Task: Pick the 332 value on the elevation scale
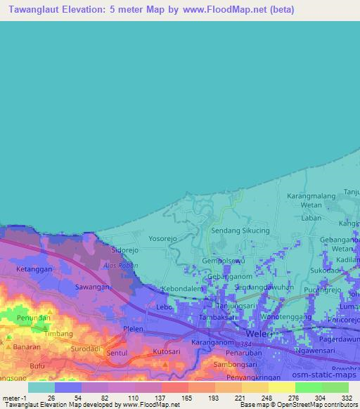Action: [x=346, y=398]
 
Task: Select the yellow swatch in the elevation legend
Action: [x=281, y=387]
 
